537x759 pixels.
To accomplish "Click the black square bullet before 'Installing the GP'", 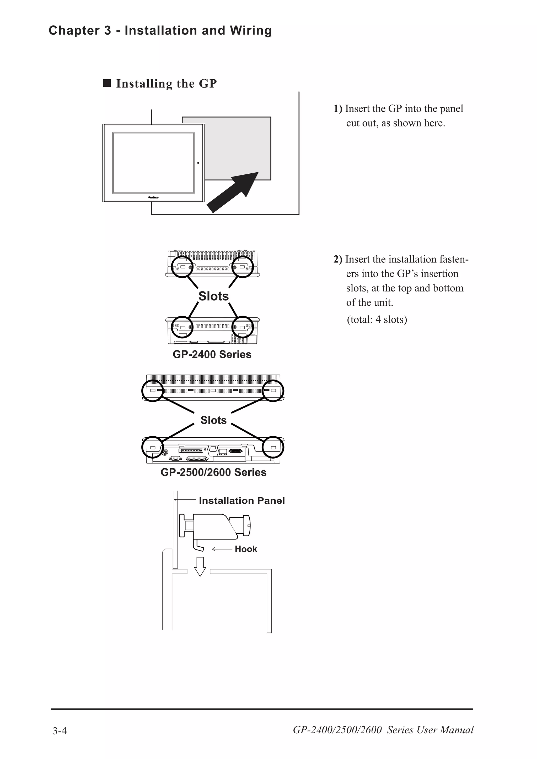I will tap(107, 83).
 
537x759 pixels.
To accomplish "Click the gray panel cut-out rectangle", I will tap(238, 142).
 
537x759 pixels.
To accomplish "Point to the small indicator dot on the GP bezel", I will tap(198, 163).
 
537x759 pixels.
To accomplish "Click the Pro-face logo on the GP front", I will tap(153, 197).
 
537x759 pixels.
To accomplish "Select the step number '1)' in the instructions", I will tap(338, 109).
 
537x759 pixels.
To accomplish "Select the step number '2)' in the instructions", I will tap(338, 260).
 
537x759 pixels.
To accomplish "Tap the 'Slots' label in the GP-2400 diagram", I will tap(213, 296).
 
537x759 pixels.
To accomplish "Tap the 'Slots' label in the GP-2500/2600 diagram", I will tap(213, 420).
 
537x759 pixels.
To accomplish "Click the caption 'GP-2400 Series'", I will tap(212, 354).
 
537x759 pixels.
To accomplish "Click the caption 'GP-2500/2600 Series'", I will tap(213, 472).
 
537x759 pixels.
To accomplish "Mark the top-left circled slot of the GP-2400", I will tap(182, 266).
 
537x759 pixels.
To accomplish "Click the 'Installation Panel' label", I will tap(241, 501).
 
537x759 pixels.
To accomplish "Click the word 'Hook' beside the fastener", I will tap(245, 549).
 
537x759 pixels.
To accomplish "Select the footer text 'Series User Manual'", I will tap(430, 730).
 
